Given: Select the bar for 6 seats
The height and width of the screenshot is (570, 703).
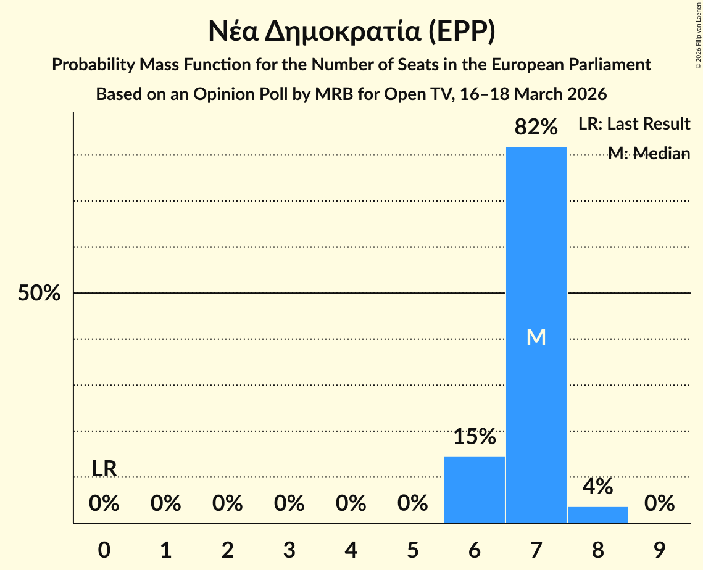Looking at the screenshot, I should click(474, 490).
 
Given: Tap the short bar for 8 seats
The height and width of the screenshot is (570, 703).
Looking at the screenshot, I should click(597, 514).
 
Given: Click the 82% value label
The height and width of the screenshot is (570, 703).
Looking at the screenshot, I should click(536, 127).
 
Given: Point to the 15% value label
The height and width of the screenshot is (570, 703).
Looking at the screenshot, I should click(474, 437).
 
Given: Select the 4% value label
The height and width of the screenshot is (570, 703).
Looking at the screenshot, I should click(597, 487).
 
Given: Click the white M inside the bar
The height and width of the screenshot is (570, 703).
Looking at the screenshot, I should click(536, 337).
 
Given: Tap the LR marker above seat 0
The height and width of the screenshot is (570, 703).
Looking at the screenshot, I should click(104, 469).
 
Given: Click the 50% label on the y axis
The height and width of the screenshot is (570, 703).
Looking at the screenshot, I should click(39, 294).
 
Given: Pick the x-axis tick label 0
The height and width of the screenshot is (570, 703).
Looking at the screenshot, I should click(104, 550).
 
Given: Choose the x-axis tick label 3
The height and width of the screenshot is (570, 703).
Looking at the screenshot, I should click(289, 550).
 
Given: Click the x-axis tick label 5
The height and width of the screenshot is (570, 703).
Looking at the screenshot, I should click(412, 550).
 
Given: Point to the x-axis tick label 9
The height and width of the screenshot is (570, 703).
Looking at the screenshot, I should click(659, 550).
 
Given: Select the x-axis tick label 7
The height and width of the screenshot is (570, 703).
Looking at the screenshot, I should click(536, 550).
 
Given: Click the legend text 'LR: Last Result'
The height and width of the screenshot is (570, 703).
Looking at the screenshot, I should click(634, 124).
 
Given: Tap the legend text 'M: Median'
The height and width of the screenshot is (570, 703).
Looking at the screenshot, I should click(649, 154).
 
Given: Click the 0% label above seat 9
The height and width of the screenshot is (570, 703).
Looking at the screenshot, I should click(659, 503).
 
